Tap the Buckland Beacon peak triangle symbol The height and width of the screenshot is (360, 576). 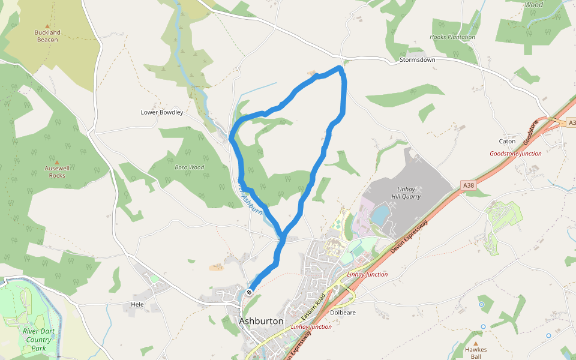47,26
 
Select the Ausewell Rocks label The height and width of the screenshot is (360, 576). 57,172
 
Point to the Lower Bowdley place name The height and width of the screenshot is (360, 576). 161,112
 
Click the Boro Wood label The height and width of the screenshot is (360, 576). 189,167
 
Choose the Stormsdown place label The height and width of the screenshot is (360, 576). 417,60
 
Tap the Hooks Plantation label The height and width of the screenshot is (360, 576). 452,37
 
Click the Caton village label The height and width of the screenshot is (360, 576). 507,142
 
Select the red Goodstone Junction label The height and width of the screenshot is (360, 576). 515,154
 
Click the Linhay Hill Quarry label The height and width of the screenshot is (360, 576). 406,193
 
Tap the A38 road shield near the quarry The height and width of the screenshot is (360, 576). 469,185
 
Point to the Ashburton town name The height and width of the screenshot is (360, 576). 261,321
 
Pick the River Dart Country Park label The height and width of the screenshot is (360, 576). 38,340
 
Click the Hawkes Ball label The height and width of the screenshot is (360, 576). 475,353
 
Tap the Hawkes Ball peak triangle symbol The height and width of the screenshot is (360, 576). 475,343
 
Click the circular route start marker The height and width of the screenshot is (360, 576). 249,292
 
